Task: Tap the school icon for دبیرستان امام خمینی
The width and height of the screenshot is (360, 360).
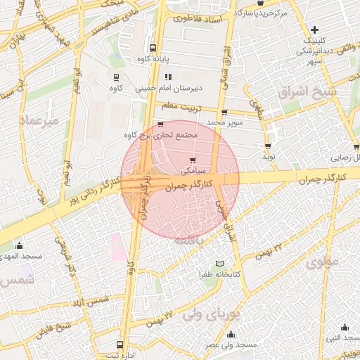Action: [167, 77]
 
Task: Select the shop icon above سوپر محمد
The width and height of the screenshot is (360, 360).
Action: [224, 112]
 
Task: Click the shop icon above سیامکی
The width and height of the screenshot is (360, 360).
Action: [193, 160]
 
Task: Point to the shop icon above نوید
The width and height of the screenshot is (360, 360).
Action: [268, 146]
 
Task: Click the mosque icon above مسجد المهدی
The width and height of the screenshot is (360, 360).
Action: [19, 246]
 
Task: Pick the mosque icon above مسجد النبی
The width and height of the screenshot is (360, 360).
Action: [345, 327]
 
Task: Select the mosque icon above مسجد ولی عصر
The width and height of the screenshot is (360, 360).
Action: [231, 334]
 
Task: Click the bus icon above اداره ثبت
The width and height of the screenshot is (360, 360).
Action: [120, 345]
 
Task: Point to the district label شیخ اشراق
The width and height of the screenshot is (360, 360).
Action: [307, 93]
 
